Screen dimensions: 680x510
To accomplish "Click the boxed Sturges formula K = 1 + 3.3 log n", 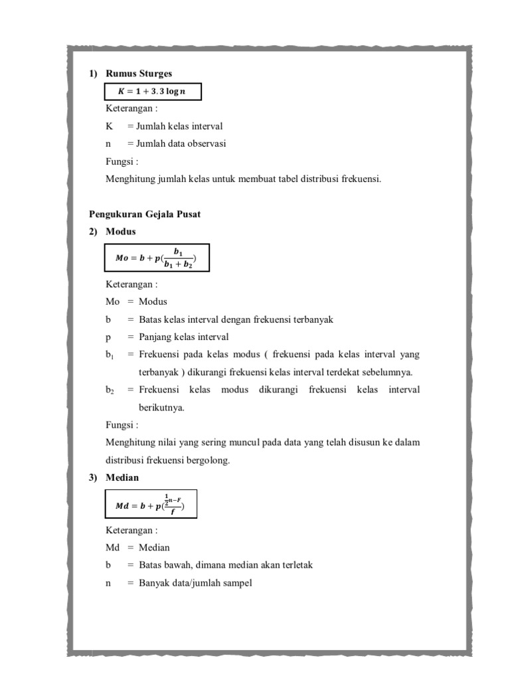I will click(153, 92).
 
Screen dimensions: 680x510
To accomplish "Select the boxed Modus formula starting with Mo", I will click(157, 258).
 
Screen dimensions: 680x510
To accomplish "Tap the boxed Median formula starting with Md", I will click(150, 505).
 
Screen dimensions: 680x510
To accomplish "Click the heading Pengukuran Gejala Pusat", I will click(145, 214).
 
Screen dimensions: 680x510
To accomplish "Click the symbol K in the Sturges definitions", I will click(110, 126).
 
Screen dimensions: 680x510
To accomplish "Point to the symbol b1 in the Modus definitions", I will click(110, 355).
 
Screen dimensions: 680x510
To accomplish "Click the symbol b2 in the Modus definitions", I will click(110, 390).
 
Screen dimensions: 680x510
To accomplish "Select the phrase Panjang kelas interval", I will click(183, 337).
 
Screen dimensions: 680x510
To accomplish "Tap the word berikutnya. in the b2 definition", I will click(161, 407).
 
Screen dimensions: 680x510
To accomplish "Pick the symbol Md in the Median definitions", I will click(112, 548).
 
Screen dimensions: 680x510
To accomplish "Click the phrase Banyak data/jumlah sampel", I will click(195, 583).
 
